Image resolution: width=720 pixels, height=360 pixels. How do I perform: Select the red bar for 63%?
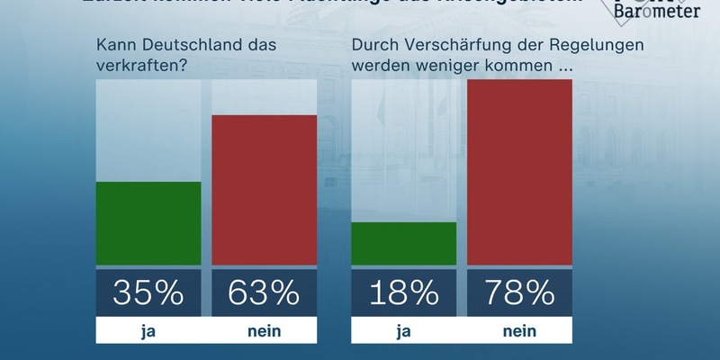[264, 190]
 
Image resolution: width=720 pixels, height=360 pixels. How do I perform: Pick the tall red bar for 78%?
[519, 172]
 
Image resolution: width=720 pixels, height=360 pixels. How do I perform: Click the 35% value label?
[148, 292]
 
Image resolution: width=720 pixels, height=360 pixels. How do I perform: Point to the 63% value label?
[264, 292]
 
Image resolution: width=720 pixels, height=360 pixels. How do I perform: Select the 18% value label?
[404, 292]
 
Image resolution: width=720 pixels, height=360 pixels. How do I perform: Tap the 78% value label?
[519, 292]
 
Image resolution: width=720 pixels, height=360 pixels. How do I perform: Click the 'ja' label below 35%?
[148, 331]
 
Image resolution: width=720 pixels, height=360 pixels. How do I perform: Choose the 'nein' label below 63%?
[264, 331]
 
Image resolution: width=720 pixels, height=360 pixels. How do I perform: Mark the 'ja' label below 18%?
[404, 331]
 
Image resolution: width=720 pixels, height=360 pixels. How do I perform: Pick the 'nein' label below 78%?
[519, 331]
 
